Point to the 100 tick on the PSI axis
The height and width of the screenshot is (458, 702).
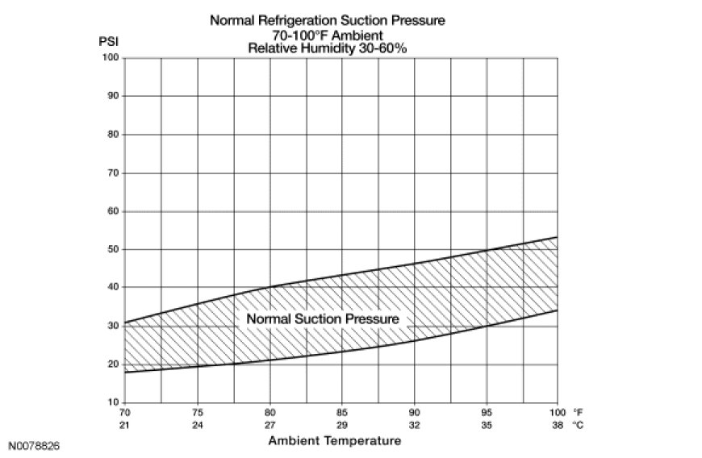coord(111,58)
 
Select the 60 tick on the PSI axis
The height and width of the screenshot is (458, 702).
coord(113,211)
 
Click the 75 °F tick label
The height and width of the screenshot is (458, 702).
coord(198,411)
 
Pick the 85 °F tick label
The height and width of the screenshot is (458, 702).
coord(342,411)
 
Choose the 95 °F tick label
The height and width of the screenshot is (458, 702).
coord(487,411)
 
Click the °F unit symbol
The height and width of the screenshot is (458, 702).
coord(578,411)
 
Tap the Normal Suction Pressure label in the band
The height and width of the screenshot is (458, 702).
coord(323,319)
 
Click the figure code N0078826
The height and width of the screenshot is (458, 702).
coord(34,445)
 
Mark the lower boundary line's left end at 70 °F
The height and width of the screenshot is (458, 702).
coord(126,372)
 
